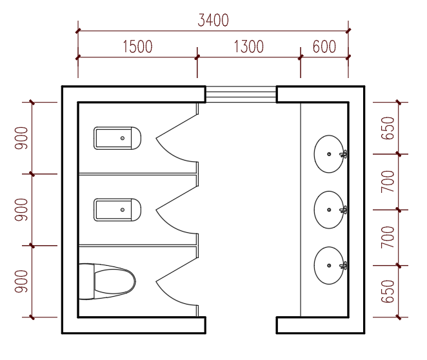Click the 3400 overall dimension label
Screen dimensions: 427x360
point(213,20)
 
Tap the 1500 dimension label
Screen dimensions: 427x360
point(137,46)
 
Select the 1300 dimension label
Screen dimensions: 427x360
point(249,46)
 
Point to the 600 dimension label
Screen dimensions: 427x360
point(324,46)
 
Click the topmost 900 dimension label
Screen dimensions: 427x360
point(21,138)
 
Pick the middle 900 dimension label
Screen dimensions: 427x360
point(21,210)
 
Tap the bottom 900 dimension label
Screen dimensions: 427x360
point(21,281)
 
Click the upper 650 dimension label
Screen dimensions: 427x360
point(388,128)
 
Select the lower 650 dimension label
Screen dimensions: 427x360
point(388,292)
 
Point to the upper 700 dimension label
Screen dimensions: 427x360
point(388,182)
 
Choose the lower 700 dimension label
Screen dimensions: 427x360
point(388,237)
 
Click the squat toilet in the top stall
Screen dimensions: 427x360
point(117,138)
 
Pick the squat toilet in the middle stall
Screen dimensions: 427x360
point(117,210)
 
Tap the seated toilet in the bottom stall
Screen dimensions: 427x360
point(107,281)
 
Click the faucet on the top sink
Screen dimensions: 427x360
point(344,154)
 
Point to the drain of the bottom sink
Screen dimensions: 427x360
point(329,266)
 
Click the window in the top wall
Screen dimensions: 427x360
point(241,94)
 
